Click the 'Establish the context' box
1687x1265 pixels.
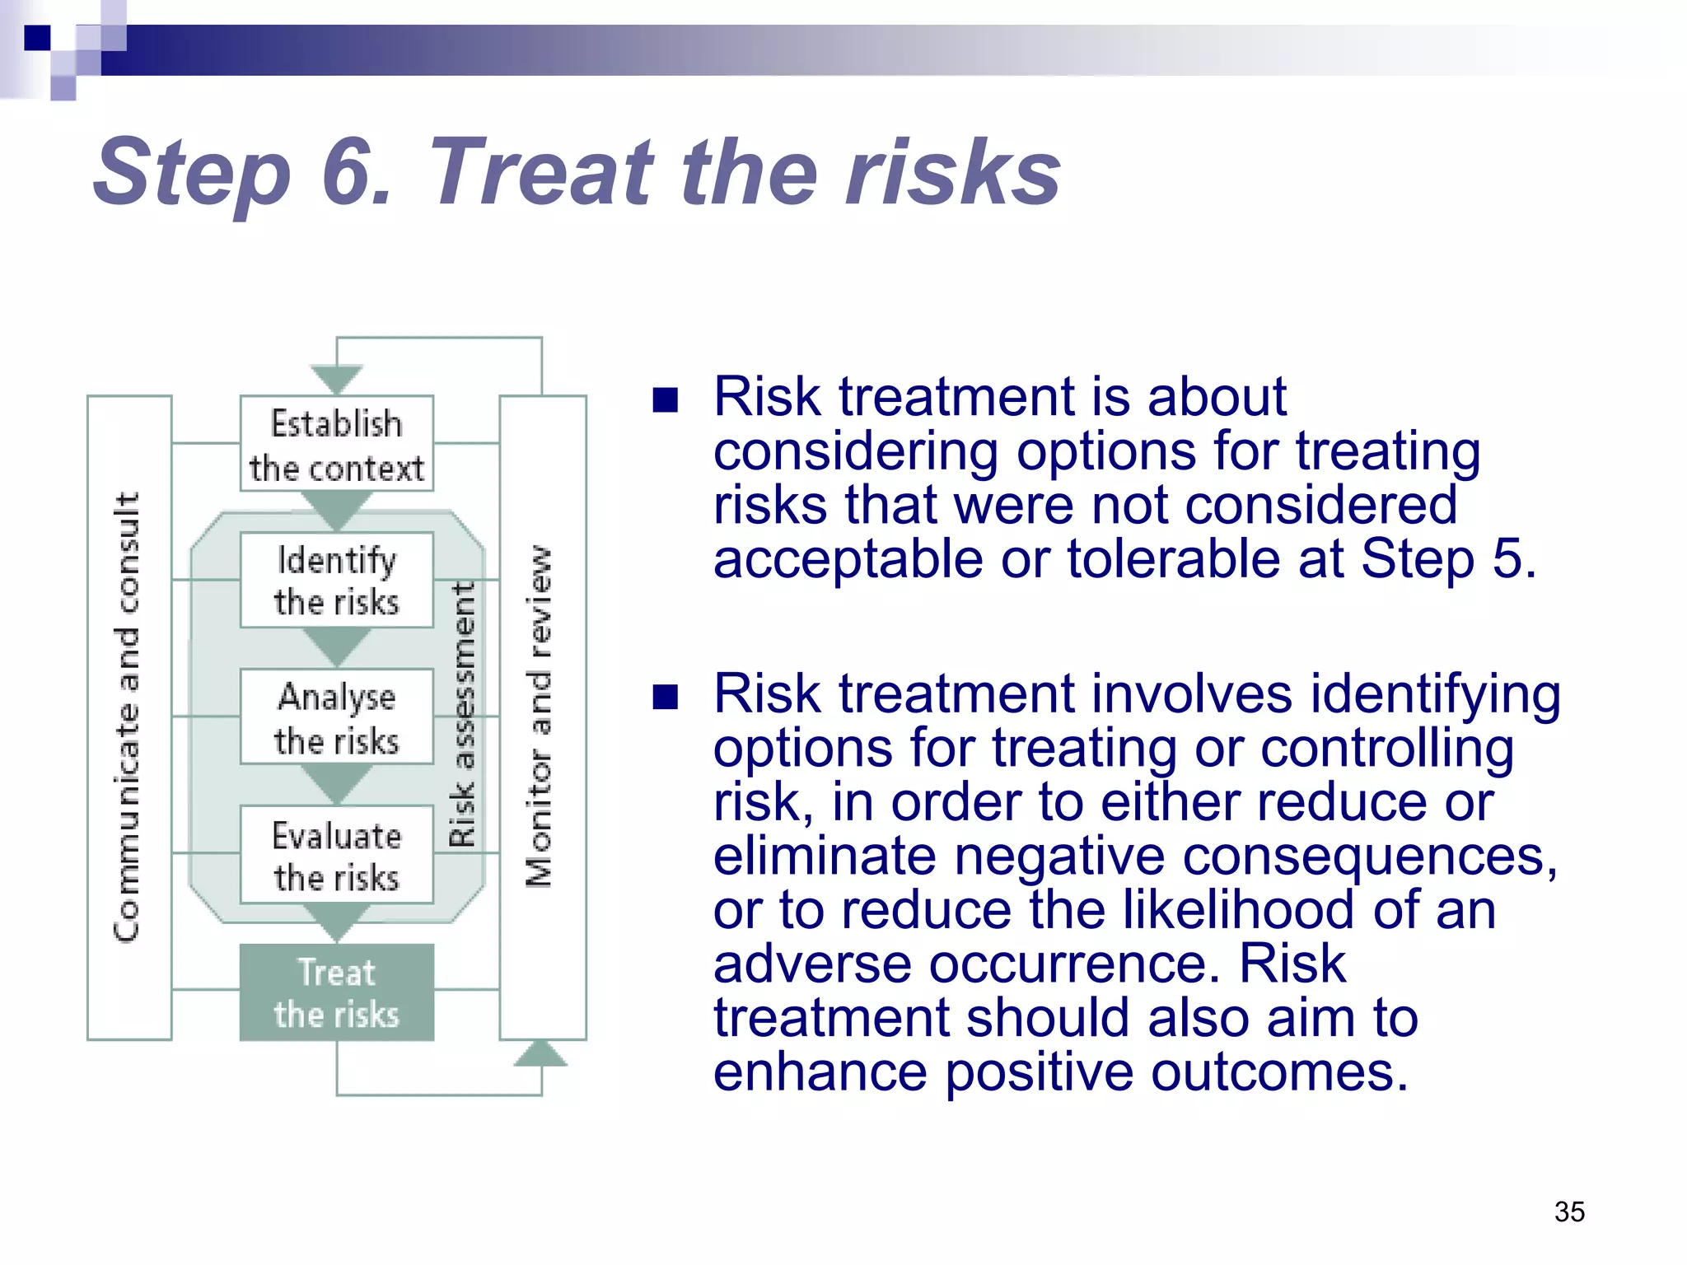336,444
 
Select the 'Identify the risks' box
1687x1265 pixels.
336,580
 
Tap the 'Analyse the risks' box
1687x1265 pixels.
336,717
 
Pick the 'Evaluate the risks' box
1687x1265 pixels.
336,854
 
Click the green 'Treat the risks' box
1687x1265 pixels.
336,992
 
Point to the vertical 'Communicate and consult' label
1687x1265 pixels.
128,717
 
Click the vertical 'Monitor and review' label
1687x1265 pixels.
540,717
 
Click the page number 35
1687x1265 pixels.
1569,1211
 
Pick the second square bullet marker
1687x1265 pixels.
665,698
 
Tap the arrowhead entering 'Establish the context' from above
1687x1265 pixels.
336,380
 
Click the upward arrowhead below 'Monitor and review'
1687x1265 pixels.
540,1053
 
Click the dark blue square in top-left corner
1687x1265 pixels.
37,37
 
